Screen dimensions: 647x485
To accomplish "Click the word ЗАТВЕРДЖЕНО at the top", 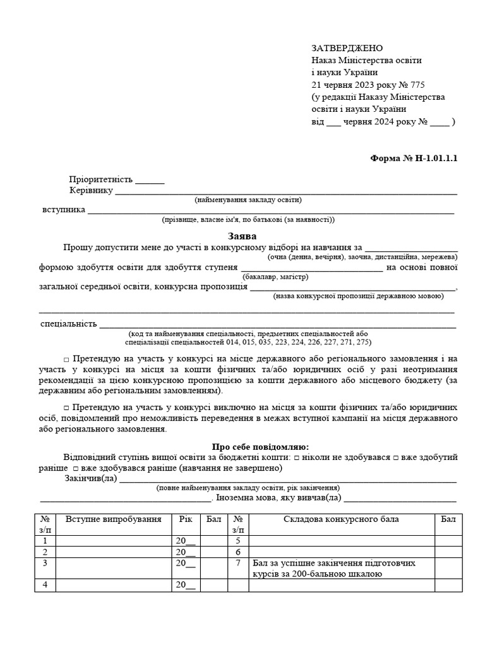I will (x=347, y=49).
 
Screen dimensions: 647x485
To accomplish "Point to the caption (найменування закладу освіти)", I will (x=248, y=200).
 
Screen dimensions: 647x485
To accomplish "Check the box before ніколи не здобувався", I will (x=297, y=457).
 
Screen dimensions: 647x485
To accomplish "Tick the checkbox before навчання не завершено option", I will (x=75, y=468).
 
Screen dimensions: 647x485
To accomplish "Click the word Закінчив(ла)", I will (x=91, y=478).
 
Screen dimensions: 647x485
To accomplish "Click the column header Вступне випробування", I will (x=113, y=519).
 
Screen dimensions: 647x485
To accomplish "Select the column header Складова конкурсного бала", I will (x=341, y=519).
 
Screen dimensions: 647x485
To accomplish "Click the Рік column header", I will (x=186, y=519).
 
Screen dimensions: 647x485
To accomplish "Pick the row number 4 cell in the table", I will (x=45, y=584).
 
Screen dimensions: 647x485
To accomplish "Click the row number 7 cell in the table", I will (x=237, y=562).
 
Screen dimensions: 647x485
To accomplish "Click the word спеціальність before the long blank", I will (x=68, y=324).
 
